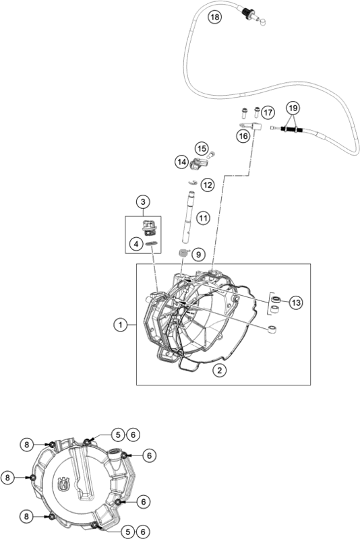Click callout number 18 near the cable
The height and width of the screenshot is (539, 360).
tap(214, 16)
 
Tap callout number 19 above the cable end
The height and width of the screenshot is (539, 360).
tap(293, 108)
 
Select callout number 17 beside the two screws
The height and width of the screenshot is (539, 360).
tap(268, 112)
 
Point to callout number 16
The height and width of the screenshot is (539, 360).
tap(243, 136)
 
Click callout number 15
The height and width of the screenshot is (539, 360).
tap(202, 148)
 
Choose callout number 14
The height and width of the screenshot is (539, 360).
tap(182, 162)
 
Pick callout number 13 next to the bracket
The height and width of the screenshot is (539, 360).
tap(296, 303)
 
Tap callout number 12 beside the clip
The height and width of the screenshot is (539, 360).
tap(208, 185)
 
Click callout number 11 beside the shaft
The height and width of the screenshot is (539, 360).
tap(203, 218)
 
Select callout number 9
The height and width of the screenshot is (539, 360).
tap(198, 255)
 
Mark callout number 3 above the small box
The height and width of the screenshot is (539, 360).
tap(143, 201)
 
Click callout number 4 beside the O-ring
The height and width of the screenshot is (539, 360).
tap(136, 244)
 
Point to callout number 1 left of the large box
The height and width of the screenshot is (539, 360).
tap(121, 325)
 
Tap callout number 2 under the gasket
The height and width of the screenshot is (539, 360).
tap(219, 370)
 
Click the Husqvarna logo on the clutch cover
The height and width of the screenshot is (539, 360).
tap(64, 484)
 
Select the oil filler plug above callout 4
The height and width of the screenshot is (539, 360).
tap(150, 227)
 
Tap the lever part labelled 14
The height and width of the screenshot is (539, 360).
tap(198, 163)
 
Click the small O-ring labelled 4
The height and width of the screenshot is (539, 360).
tap(152, 243)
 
